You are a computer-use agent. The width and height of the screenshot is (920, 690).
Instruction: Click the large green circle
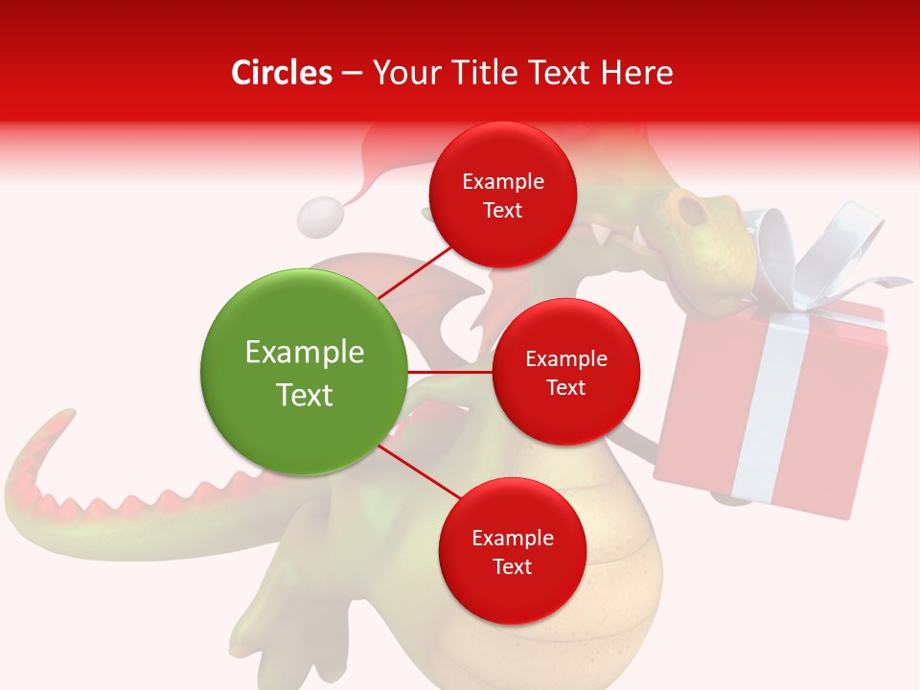(x=303, y=372)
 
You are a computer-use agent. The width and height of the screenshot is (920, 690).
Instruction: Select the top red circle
(x=502, y=195)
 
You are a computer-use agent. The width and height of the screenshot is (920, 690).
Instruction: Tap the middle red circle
(x=565, y=372)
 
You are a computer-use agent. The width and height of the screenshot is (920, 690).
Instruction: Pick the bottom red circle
(x=512, y=551)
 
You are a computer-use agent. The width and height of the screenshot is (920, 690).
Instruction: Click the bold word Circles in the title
(x=281, y=73)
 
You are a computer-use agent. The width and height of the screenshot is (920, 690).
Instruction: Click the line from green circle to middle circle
(x=448, y=372)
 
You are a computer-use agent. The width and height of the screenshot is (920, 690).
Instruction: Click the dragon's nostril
(x=688, y=206)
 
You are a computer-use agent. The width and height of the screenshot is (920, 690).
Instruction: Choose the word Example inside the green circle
(x=305, y=353)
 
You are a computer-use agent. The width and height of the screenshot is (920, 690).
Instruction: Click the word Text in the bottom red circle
(x=512, y=566)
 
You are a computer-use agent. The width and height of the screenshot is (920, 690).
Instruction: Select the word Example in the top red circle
(x=503, y=181)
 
